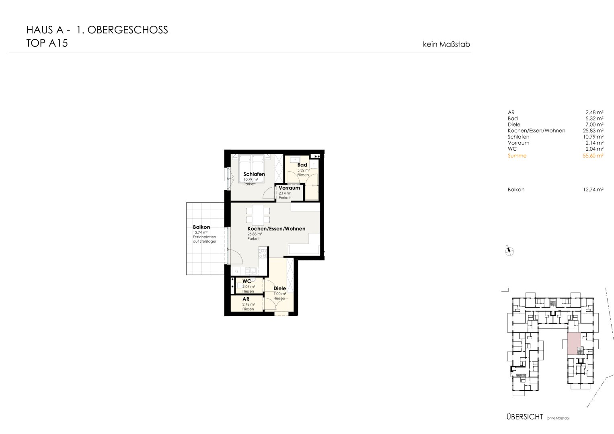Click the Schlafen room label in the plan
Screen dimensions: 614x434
tap(254, 174)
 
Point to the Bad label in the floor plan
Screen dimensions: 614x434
tap(302, 165)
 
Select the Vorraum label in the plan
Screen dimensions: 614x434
tap(289, 188)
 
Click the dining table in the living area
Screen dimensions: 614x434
tap(258, 215)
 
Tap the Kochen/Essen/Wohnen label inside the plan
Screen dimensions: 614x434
tap(276, 229)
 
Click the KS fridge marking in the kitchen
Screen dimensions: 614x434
tap(236, 272)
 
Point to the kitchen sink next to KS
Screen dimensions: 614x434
tap(251, 271)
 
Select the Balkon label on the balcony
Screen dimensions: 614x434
tap(201, 227)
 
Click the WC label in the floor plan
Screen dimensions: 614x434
tap(247, 281)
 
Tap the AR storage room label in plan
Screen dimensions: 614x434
tap(246, 299)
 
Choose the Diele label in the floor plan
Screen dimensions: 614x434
tap(279, 289)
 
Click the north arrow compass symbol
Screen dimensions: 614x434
tap(509, 251)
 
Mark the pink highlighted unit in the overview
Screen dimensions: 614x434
tap(574, 344)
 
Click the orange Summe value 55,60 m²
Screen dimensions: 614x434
tap(593, 156)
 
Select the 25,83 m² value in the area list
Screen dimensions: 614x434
tap(593, 131)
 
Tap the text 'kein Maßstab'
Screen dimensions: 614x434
tap(446, 44)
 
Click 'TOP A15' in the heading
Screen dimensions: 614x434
tap(47, 43)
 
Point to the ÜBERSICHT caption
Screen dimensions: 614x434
tap(525, 417)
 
